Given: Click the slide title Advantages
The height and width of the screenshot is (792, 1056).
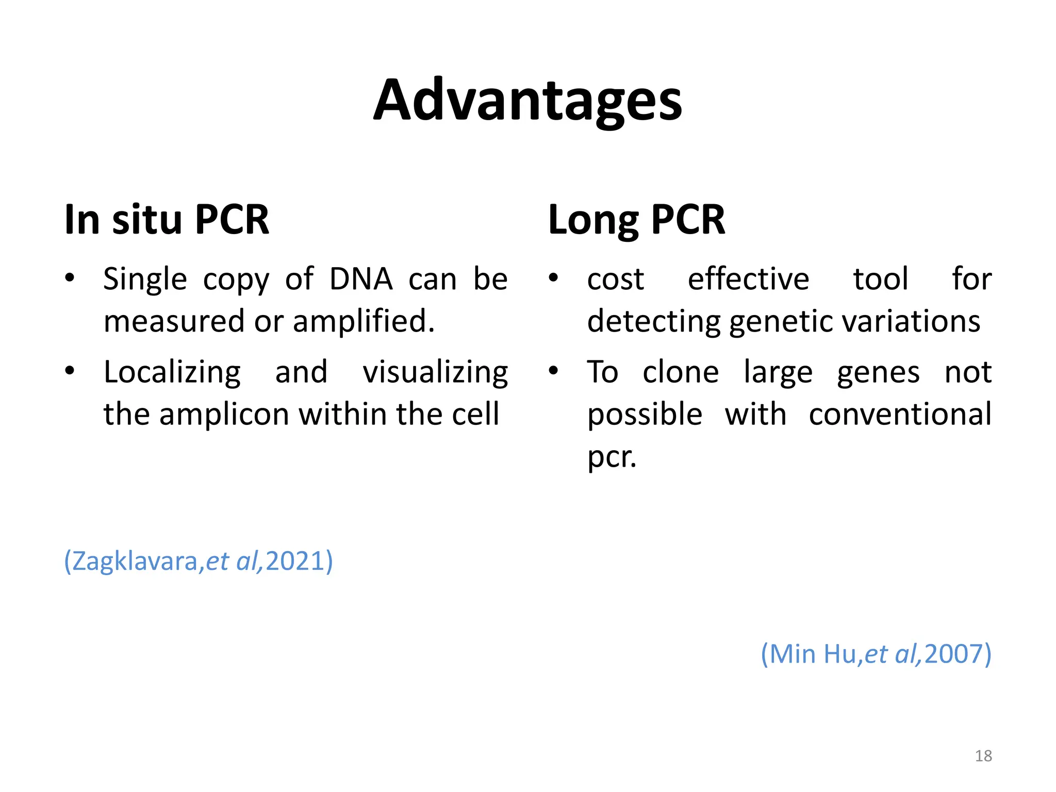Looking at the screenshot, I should pyautogui.click(x=527, y=101).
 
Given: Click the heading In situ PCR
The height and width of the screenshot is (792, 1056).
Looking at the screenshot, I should pyautogui.click(x=167, y=220).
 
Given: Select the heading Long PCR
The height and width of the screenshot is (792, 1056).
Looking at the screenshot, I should pyautogui.click(x=636, y=220).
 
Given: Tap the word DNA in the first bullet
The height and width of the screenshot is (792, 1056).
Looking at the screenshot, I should pyautogui.click(x=361, y=279).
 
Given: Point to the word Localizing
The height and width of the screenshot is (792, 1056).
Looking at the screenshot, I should pyautogui.click(x=172, y=372).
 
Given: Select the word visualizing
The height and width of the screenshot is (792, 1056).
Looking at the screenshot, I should pyautogui.click(x=435, y=372).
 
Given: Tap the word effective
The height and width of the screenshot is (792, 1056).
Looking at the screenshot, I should pyautogui.click(x=748, y=279).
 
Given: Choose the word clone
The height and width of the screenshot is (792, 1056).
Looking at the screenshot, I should pyautogui.click(x=681, y=372).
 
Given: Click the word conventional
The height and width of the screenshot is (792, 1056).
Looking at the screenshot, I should pyautogui.click(x=900, y=414).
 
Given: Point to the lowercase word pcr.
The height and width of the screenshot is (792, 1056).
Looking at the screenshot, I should pyautogui.click(x=612, y=457).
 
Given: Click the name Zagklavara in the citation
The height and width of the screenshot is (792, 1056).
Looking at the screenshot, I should pyautogui.click(x=135, y=561).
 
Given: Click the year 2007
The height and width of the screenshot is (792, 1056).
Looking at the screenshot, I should pyautogui.click(x=953, y=654).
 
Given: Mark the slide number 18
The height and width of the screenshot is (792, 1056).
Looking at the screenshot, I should pyautogui.click(x=983, y=756).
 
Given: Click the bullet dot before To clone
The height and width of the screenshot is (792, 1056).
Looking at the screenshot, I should pyautogui.click(x=553, y=371).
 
